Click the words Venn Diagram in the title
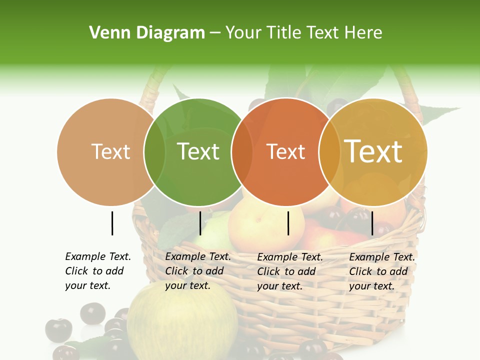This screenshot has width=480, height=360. click(x=147, y=33)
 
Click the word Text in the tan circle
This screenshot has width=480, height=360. click(x=110, y=151)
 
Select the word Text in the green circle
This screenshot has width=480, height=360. click(x=198, y=151)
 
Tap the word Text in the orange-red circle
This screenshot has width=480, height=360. click(x=285, y=151)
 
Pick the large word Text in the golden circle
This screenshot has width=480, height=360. click(x=373, y=151)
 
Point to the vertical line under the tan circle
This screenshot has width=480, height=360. click(x=112, y=223)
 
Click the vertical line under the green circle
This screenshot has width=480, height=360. click(x=200, y=223)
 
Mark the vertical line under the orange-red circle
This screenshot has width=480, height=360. click(x=288, y=223)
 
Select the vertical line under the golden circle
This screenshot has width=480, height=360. click(x=372, y=223)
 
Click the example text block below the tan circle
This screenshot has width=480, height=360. click(x=97, y=271)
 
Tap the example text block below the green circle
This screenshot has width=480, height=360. click(x=197, y=271)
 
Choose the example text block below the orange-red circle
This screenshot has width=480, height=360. click(x=289, y=271)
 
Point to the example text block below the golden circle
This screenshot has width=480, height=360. click(x=381, y=271)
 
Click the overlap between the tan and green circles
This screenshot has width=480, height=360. click(x=155, y=151)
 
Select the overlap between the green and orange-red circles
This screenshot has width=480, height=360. click(x=242, y=151)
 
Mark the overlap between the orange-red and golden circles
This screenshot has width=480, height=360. click(x=329, y=151)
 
